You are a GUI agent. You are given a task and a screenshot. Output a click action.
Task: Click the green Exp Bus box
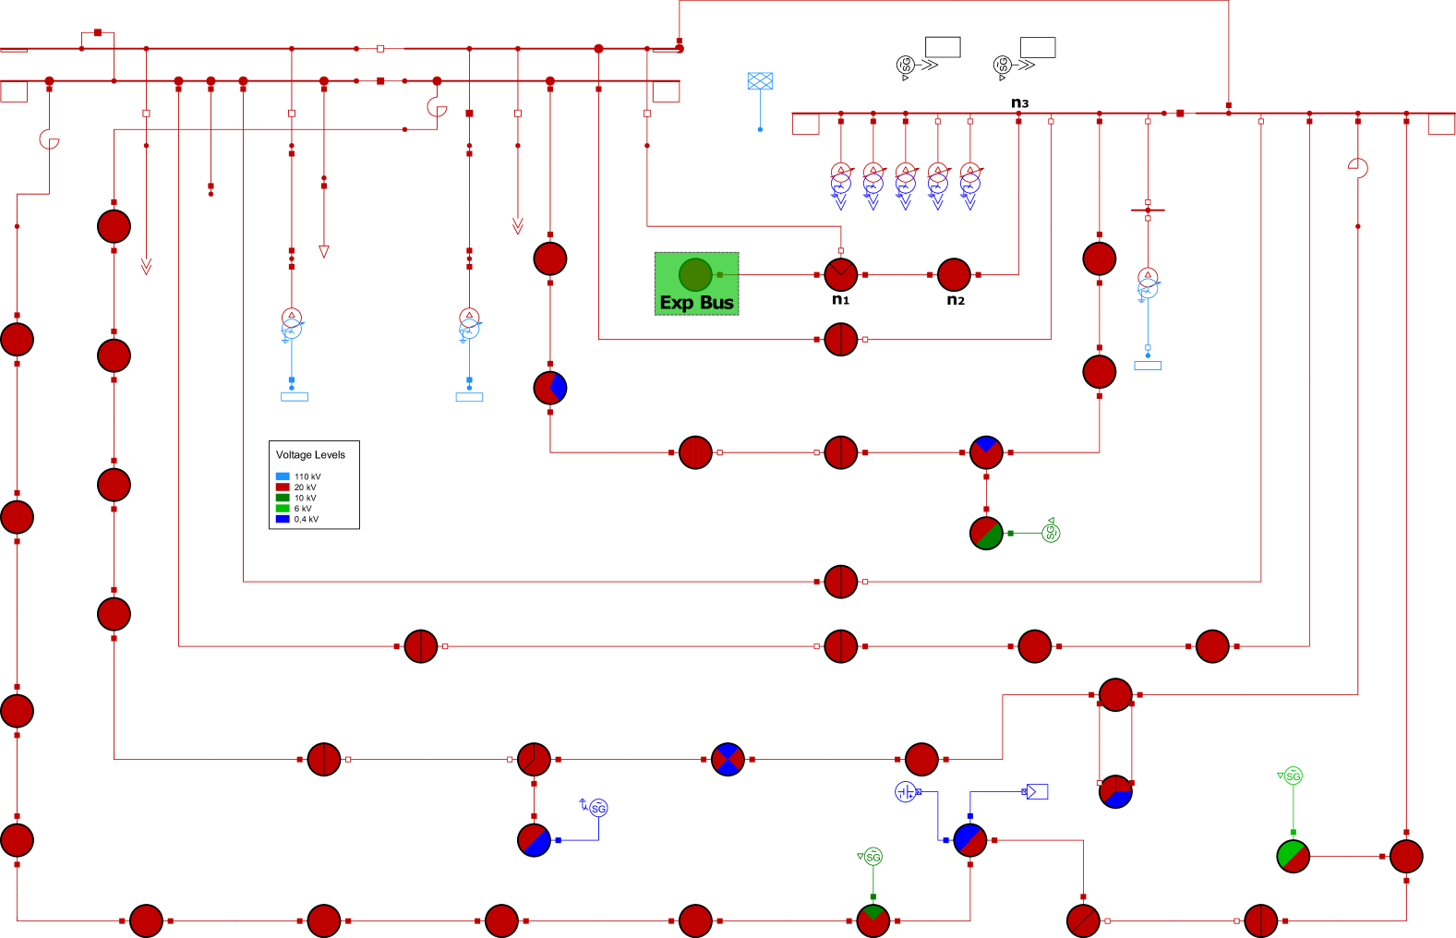(696, 283)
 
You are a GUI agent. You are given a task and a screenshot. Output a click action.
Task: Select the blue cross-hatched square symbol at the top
(760, 81)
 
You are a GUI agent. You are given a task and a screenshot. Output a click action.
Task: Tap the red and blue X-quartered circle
(728, 760)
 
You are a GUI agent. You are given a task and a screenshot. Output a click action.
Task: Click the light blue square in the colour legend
(283, 476)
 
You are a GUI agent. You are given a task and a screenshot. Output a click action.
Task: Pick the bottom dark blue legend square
(283, 519)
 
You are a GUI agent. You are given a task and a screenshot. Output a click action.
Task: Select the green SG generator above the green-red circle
(1292, 776)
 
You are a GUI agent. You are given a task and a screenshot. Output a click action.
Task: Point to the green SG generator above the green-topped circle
(872, 857)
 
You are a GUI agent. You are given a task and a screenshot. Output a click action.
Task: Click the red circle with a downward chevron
(840, 275)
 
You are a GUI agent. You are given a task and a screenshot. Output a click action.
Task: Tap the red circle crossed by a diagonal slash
(1083, 920)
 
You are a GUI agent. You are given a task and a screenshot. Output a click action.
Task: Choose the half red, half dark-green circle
(986, 533)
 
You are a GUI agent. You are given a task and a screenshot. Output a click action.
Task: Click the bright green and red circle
(1293, 856)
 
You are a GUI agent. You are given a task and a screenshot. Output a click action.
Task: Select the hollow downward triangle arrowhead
(323, 251)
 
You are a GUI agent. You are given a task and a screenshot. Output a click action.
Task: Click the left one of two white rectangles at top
(943, 47)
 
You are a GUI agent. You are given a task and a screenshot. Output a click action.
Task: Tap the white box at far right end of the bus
(1440, 124)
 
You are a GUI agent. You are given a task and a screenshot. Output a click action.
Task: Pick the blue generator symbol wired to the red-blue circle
(596, 808)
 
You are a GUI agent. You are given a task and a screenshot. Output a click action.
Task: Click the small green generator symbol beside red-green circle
(1051, 532)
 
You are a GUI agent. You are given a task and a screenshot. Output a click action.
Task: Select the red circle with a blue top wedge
(986, 452)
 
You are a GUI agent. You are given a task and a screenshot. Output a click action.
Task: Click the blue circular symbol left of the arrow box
(906, 791)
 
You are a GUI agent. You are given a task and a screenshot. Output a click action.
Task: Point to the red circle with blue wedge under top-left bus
(549, 388)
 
